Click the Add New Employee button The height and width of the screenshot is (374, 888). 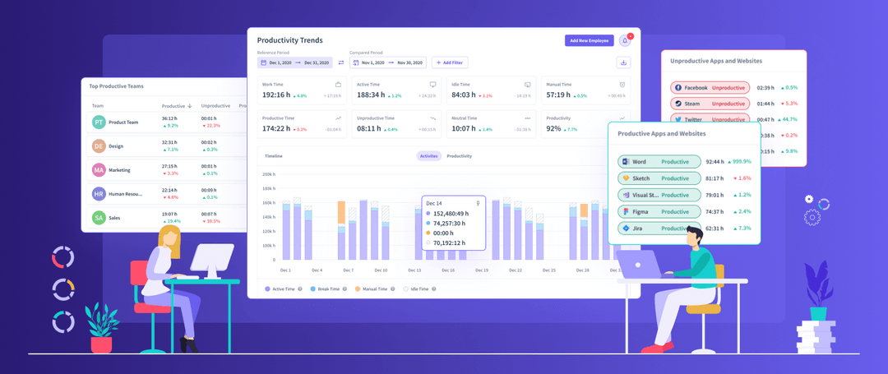point(589,40)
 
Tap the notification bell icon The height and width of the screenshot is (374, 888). point(624,40)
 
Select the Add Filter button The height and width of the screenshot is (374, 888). point(450,62)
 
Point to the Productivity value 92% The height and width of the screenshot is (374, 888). point(553,129)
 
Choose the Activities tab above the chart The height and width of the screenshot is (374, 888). point(428,156)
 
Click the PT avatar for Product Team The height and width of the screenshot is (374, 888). point(99,122)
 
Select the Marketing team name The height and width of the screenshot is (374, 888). point(119,170)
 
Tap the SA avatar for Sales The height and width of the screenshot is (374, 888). point(99,218)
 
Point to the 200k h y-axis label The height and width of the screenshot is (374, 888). point(266,174)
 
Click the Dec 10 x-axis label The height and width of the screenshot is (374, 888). point(380,270)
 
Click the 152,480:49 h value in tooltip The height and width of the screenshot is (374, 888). point(451,214)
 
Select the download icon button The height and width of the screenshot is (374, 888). point(623,62)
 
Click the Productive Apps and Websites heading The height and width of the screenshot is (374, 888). point(661,133)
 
